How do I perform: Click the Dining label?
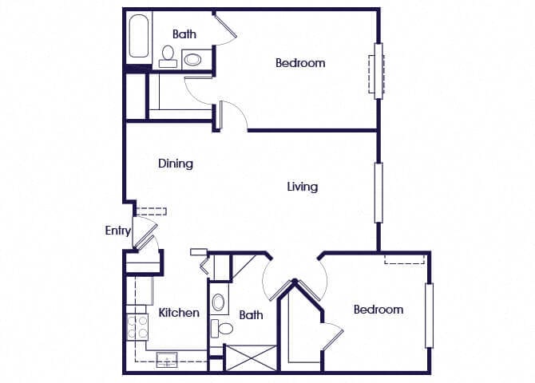click(x=175, y=164)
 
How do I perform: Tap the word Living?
click(x=303, y=187)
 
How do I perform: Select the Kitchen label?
click(x=179, y=312)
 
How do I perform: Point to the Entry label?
click(x=117, y=231)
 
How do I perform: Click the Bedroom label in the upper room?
click(x=300, y=63)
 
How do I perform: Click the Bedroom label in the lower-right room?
click(x=378, y=310)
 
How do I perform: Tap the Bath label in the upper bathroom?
click(x=184, y=34)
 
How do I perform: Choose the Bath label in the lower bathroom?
click(x=251, y=315)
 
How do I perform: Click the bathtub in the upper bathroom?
click(x=139, y=36)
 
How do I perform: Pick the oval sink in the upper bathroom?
click(x=193, y=58)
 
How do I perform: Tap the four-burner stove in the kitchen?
click(x=138, y=327)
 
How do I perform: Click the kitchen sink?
click(x=168, y=357)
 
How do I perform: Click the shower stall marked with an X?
click(x=250, y=357)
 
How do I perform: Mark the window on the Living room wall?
click(x=378, y=192)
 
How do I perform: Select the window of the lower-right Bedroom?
click(x=429, y=315)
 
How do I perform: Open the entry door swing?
click(x=145, y=237)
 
